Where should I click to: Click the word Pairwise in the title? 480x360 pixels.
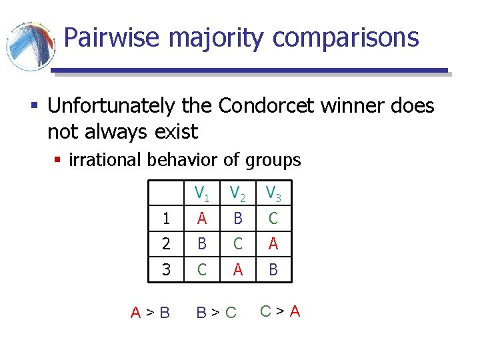pos(113,38)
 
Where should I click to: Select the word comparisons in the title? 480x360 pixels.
pos(346,39)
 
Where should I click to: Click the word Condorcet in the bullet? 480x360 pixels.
pos(269,106)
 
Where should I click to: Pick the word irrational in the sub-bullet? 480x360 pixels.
pos(107,160)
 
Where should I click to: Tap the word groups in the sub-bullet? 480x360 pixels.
pos(274,160)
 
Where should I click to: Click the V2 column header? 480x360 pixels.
pos(238,193)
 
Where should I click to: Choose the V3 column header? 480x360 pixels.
pos(273,193)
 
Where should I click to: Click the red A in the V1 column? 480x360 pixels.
pos(201,219)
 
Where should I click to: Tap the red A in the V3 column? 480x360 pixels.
pos(273,245)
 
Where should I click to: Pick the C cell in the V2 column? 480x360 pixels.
pos(238,245)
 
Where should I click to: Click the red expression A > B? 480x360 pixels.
pos(150,312)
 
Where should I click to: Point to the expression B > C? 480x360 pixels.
pos(216,312)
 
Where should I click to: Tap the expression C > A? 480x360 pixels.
pos(280,311)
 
